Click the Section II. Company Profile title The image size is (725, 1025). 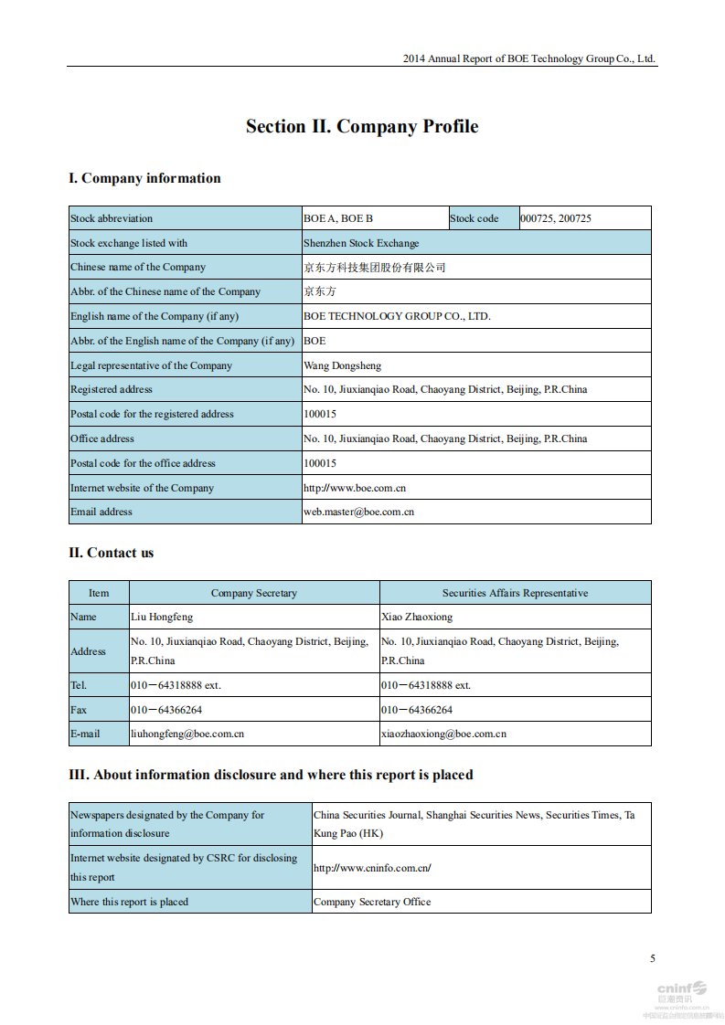click(362, 127)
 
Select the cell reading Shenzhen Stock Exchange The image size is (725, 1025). click(361, 243)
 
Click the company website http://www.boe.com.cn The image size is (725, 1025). click(355, 488)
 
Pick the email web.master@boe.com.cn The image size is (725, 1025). click(358, 512)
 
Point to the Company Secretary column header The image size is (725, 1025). click(254, 593)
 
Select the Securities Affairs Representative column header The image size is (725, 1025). click(515, 593)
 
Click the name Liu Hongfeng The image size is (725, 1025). click(162, 617)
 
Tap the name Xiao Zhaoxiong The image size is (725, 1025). click(417, 617)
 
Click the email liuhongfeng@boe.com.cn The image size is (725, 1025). click(187, 734)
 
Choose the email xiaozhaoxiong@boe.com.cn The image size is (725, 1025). click(443, 734)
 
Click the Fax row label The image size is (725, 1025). click(80, 709)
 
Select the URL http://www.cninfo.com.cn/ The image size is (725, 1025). click(372, 868)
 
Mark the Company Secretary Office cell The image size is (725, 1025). click(372, 902)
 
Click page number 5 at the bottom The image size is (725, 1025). click(653, 958)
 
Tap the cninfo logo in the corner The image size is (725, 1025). click(681, 990)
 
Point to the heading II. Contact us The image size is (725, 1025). click(112, 553)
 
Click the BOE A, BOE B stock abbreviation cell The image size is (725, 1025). click(338, 218)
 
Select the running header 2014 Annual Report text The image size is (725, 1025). click(529, 58)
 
